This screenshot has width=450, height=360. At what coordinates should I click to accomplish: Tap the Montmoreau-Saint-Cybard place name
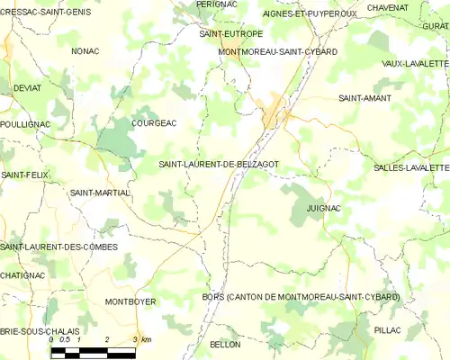coord(278,52)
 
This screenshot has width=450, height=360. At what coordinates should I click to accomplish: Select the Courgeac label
coord(154,122)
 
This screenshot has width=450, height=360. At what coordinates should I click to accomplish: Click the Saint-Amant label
coord(362,97)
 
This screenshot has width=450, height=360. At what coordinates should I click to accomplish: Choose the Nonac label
coord(85,51)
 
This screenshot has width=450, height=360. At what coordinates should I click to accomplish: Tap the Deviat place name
coord(28,88)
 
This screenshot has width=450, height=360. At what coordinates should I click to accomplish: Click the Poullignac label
coord(23,123)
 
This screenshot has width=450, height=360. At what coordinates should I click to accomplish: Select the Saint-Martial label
coord(100,193)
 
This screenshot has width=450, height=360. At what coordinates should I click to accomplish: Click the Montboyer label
coord(130,301)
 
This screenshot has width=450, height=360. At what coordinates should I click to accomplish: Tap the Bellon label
coord(224,345)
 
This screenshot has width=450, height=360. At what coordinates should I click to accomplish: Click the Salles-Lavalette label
coord(411,168)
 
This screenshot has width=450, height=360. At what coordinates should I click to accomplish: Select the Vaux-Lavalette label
coord(415,64)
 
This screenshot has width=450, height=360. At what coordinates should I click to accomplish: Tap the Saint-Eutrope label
coord(231,33)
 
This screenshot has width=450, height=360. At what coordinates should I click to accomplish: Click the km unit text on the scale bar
coord(146,339)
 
